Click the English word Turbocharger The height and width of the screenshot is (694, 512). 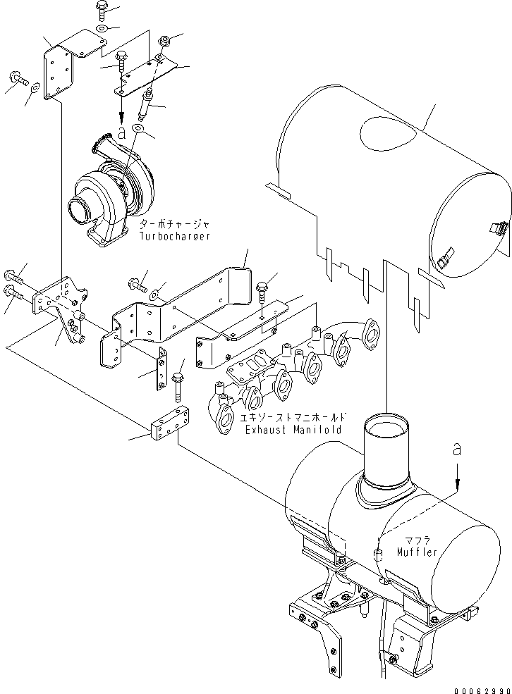[174, 237]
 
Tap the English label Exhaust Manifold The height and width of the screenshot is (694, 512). [293, 429]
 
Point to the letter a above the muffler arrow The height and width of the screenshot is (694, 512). [458, 450]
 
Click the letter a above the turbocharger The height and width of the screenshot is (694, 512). [121, 131]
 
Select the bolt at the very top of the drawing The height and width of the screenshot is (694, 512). [100, 9]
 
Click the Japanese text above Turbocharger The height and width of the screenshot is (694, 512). [174, 224]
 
